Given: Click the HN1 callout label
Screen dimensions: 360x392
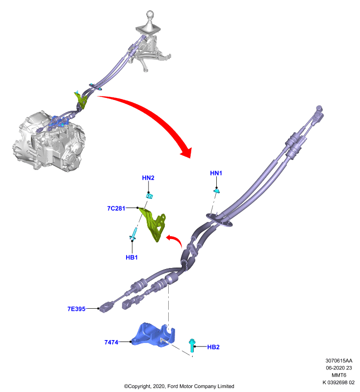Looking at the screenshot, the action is click(216, 173).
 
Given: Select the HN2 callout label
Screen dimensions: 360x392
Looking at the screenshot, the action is click(148, 178).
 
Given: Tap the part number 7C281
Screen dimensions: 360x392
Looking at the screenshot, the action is click(116, 208).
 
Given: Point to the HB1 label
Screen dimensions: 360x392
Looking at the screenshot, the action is click(131, 257).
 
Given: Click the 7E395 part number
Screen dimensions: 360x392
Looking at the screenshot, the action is click(77, 309).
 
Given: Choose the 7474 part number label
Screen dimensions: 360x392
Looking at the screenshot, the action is click(111, 342).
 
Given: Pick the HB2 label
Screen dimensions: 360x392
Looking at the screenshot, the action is click(213, 347).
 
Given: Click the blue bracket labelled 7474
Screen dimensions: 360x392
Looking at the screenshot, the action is click(154, 335).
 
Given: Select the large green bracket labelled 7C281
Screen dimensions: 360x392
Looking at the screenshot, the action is click(153, 224).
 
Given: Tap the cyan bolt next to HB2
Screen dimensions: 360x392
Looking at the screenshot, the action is click(192, 345).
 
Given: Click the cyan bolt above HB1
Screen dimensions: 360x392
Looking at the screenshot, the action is click(133, 234).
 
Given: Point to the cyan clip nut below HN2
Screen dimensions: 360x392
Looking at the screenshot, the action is click(150, 196).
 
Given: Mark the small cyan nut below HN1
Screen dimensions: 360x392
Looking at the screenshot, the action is click(217, 191).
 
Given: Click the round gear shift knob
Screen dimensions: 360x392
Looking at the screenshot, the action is click(150, 15).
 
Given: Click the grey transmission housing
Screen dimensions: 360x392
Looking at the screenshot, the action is click(49, 142).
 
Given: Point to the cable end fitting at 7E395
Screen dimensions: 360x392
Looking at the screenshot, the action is click(107, 307).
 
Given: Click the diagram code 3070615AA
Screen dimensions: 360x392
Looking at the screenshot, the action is click(339, 361).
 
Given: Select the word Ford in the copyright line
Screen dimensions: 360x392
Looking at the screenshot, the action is click(173, 386).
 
